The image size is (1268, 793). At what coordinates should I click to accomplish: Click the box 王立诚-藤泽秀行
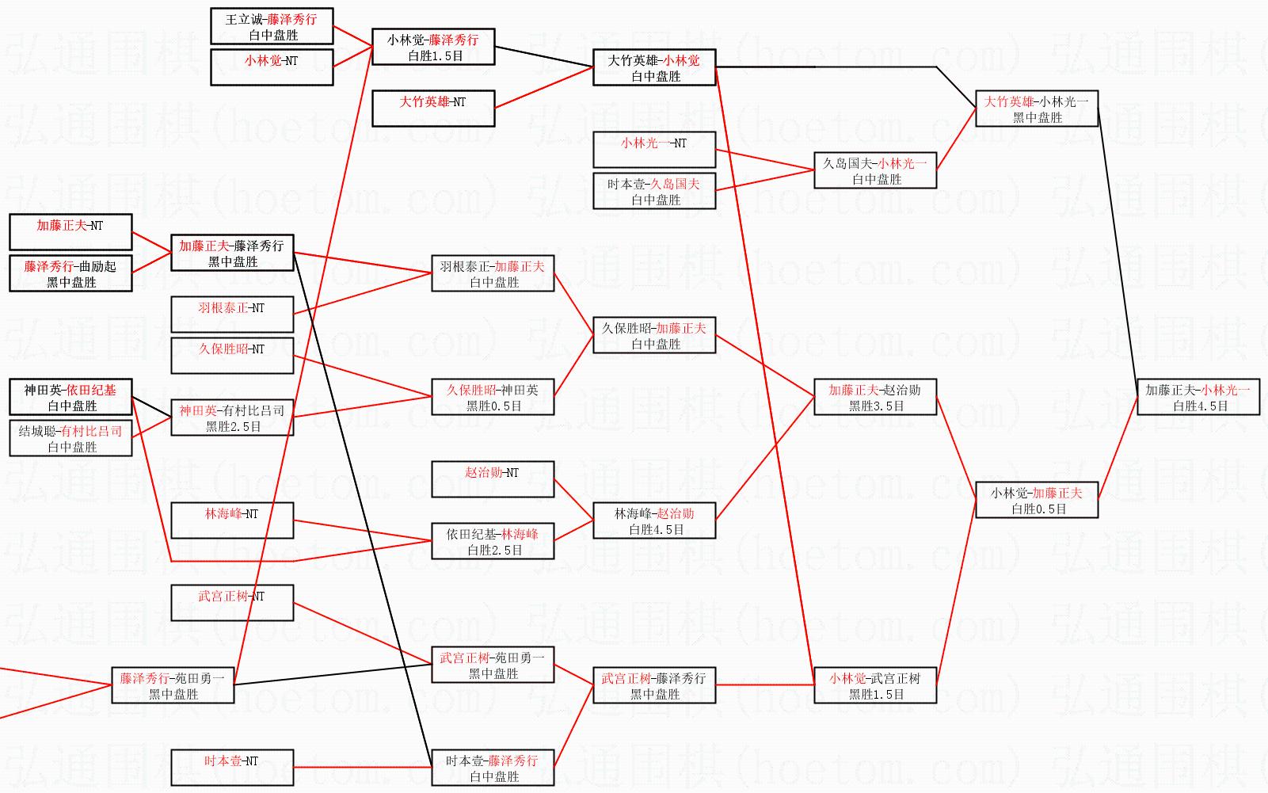point(272,26)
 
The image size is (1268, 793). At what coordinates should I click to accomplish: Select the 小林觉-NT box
point(272,67)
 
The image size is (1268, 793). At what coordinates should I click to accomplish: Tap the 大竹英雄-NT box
point(433,109)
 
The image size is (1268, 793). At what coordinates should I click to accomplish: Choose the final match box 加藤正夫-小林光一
point(1198,397)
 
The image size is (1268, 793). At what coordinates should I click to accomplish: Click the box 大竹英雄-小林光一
point(1036,109)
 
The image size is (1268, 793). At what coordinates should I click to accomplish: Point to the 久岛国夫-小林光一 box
point(875,170)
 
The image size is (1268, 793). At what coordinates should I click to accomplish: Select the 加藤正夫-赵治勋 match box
point(875,397)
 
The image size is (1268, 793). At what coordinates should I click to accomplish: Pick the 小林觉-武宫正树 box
point(875,685)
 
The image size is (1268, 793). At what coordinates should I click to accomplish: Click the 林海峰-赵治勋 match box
point(654,520)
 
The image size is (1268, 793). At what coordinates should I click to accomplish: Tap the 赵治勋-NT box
point(492,479)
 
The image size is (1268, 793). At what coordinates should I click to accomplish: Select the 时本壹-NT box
point(232,768)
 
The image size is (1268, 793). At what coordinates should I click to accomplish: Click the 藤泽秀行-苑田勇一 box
point(173,685)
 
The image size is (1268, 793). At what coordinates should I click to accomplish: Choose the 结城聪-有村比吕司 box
point(70,438)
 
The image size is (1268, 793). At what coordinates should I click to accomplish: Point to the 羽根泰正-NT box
point(232,315)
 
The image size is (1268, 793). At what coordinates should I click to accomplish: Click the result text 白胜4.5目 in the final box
point(1200,406)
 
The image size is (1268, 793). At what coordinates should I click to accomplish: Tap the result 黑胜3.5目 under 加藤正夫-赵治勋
point(876,406)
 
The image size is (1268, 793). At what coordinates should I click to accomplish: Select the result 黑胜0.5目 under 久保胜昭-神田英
point(493,406)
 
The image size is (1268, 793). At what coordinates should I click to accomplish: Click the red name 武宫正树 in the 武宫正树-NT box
point(223,596)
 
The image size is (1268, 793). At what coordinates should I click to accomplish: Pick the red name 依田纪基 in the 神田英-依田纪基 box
point(91,390)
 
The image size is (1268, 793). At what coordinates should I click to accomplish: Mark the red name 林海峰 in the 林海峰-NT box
point(222,513)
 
